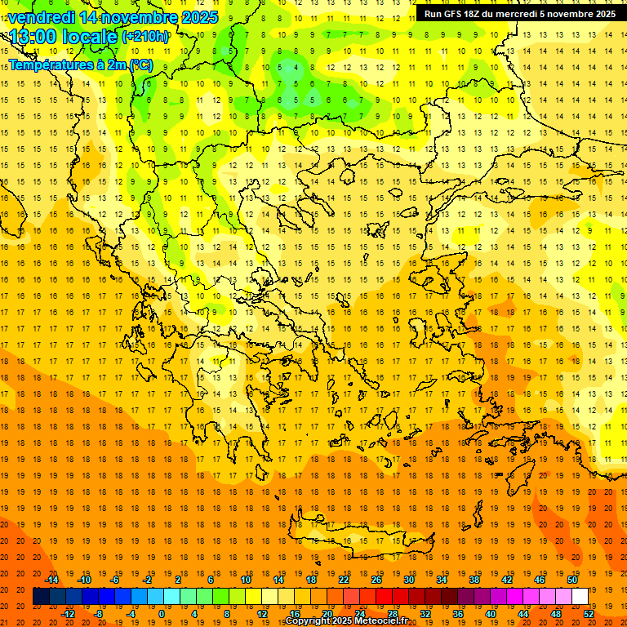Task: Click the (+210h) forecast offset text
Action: [x=146, y=37]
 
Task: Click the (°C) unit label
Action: [x=140, y=64]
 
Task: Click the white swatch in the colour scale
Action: [x=580, y=597]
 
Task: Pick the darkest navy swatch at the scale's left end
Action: [x=41, y=597]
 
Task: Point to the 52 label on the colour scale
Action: [x=589, y=614]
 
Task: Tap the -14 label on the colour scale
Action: [x=52, y=580]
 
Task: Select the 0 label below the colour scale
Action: [x=162, y=614]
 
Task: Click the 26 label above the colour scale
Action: [x=377, y=580]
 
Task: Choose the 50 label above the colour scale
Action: [x=572, y=580]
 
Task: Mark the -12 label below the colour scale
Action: [x=68, y=614]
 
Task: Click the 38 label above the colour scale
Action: [x=474, y=580]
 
